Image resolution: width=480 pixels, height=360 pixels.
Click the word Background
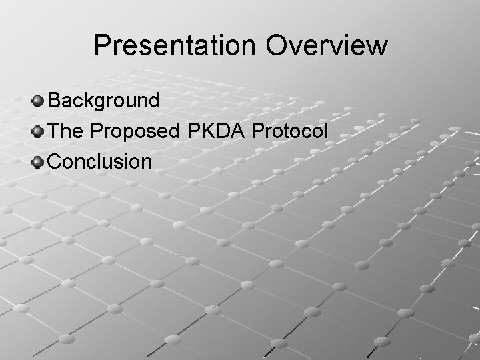tap(104, 101)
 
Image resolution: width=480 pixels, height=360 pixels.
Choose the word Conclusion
tap(101, 161)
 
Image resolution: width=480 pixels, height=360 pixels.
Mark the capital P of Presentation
tap(103, 46)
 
